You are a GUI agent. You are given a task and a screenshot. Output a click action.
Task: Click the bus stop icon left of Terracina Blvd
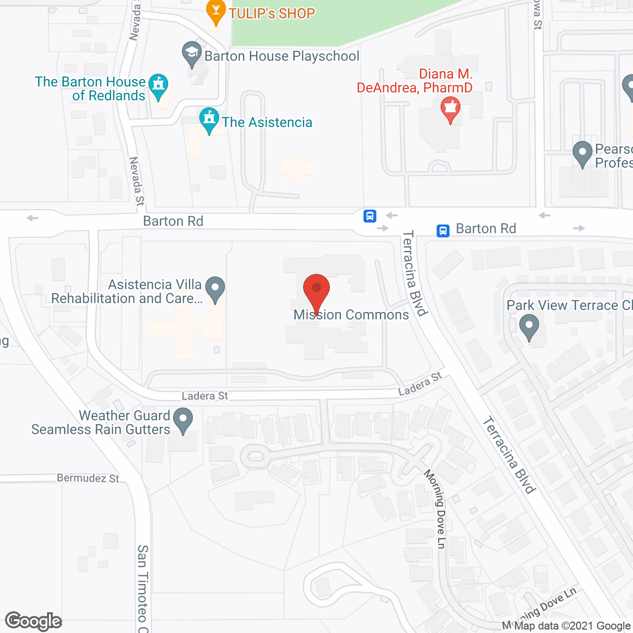click(370, 216)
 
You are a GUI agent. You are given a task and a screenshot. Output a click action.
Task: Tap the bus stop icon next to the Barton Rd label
click(443, 230)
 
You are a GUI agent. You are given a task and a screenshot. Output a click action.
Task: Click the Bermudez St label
click(88, 478)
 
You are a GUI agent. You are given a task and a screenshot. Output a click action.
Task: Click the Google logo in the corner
click(34, 621)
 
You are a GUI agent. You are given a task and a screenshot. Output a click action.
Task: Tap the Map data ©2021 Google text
click(572, 626)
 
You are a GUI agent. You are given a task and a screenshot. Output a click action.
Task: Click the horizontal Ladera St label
click(205, 396)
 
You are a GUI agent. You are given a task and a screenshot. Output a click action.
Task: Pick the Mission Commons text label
click(351, 315)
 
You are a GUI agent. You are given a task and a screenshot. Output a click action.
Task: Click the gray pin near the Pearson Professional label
click(582, 154)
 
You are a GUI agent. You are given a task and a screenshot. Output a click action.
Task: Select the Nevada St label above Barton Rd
click(136, 181)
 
